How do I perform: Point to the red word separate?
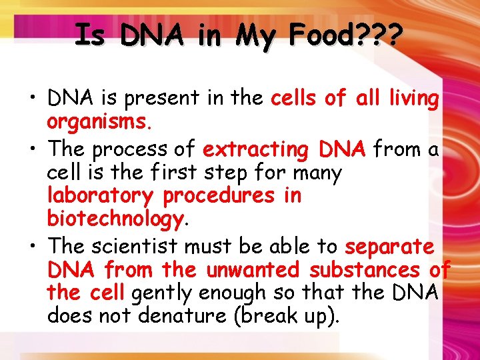point(389,246)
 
